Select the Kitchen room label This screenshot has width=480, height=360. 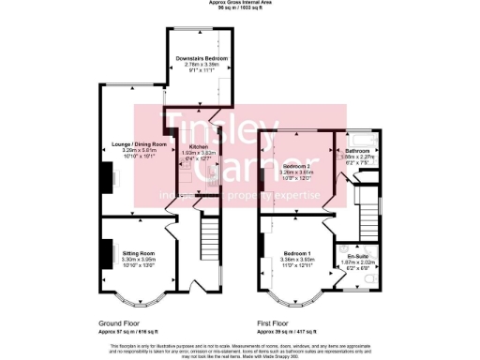pos(198,147)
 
